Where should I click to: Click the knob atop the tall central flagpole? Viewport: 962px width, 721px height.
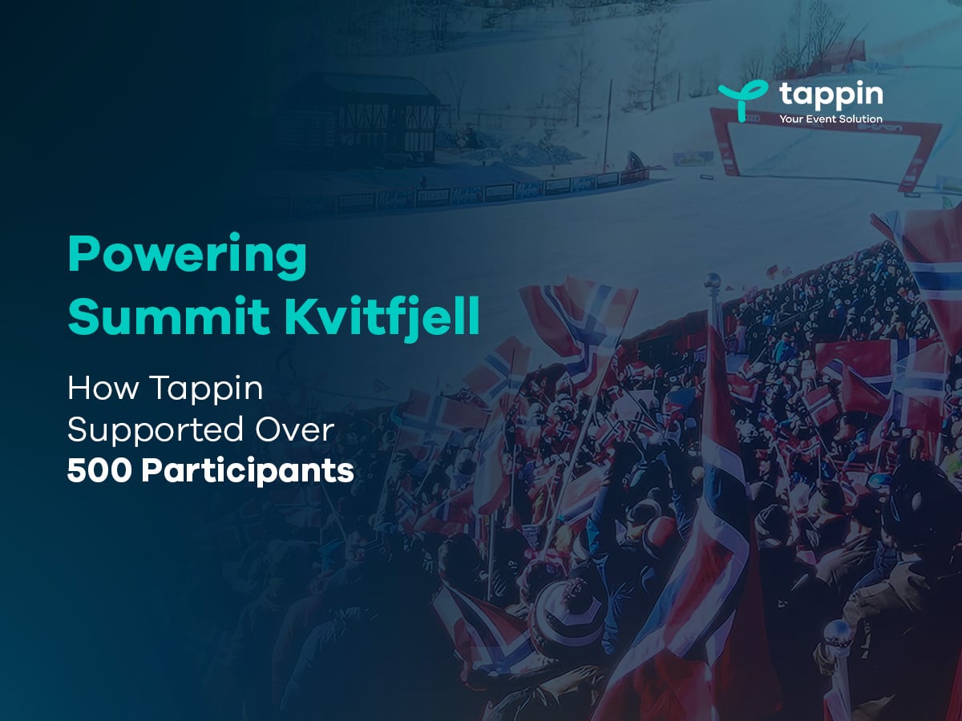[x=711, y=281]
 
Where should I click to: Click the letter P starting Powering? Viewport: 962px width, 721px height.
[x=81, y=254]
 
